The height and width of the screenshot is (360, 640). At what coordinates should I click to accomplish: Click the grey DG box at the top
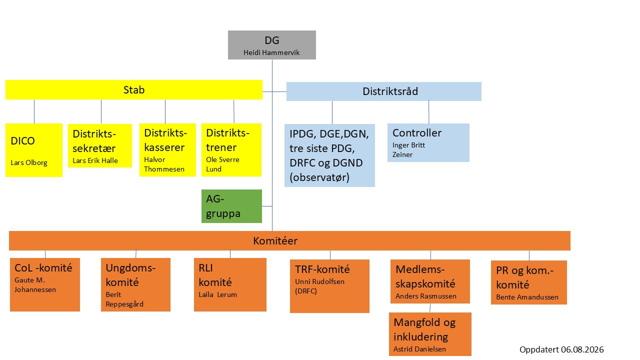[271, 45]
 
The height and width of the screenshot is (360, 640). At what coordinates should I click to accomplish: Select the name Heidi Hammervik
[271, 52]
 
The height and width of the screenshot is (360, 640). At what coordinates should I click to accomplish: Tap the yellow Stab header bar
[133, 89]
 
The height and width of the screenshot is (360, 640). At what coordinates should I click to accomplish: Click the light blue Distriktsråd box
[383, 91]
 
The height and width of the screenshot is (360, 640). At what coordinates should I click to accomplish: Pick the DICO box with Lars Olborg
[34, 150]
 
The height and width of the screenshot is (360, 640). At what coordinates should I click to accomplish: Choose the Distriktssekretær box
[100, 145]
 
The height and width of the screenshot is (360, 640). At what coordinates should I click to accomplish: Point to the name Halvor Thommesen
[164, 164]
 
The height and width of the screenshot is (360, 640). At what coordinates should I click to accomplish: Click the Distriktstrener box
[231, 149]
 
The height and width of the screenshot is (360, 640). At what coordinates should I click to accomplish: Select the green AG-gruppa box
[231, 206]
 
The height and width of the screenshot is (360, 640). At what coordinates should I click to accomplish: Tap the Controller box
[428, 142]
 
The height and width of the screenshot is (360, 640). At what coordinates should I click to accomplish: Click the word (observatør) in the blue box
[319, 177]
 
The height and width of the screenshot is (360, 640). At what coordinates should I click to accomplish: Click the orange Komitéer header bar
[289, 240]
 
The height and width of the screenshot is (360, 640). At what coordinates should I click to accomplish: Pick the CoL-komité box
[45, 284]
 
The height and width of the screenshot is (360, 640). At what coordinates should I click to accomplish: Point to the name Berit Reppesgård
[124, 299]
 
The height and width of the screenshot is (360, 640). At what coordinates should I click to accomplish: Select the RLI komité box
[230, 284]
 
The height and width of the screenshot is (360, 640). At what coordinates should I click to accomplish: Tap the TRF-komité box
[329, 286]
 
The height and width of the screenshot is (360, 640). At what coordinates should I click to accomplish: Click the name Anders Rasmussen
[425, 296]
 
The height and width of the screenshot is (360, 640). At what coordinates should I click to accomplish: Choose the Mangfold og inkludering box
[430, 334]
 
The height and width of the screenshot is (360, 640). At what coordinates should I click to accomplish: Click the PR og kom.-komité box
[529, 282]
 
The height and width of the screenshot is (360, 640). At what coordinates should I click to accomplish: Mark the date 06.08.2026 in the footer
[582, 349]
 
